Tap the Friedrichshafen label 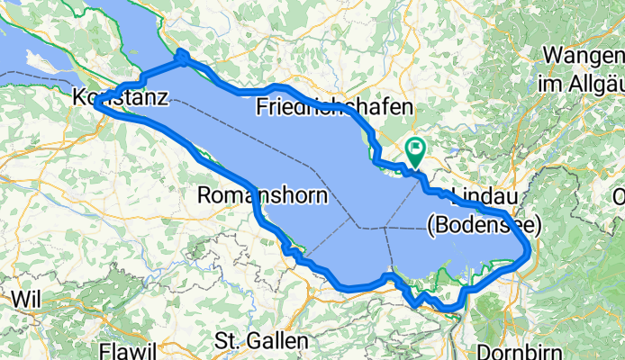click(334, 107)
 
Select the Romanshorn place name click(261, 195)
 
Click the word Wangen click(584, 56)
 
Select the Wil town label click(27, 297)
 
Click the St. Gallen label click(261, 342)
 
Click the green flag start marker click(416, 150)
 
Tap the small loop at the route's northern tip click(182, 57)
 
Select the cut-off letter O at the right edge click(620, 197)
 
